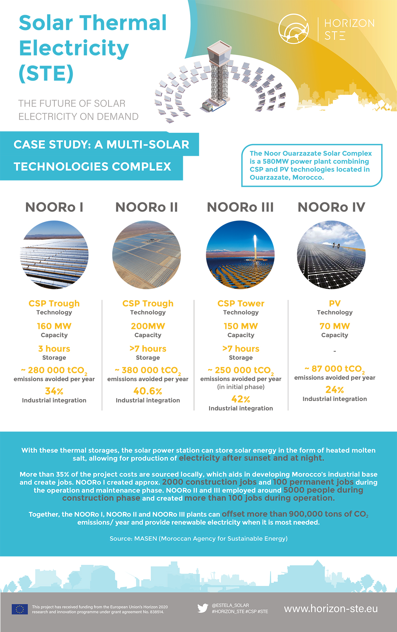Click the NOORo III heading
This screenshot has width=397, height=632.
click(240, 207)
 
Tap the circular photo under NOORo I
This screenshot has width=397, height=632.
click(54, 255)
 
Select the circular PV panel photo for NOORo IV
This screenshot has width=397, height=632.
click(331, 255)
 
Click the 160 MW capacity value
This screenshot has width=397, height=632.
click(54, 326)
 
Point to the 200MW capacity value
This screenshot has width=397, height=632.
click(148, 326)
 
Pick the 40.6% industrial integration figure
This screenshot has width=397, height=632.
click(148, 391)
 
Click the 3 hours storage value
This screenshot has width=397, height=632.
click(54, 348)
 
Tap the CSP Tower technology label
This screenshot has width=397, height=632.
click(241, 303)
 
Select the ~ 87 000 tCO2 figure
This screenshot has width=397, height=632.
click(335, 369)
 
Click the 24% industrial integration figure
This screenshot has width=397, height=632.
click(335, 390)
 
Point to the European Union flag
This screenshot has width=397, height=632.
click(20, 609)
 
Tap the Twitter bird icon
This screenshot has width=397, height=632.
click(203, 608)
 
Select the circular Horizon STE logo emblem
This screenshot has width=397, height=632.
click(294, 28)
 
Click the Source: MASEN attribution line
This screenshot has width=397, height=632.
click(199, 539)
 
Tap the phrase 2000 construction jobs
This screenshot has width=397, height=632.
click(209, 482)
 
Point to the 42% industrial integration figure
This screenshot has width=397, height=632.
click(241, 399)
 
